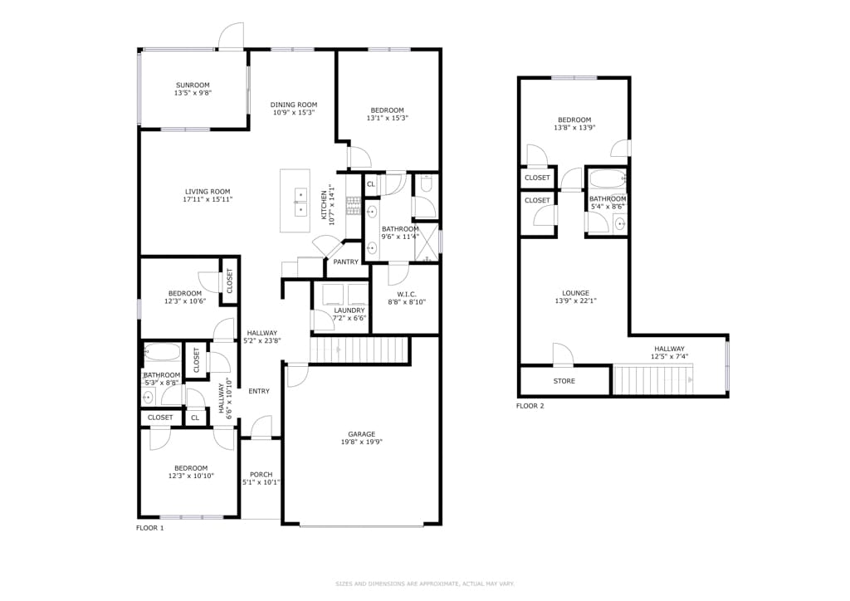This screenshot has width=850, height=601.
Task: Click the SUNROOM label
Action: click(193, 85)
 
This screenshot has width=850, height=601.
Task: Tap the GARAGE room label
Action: click(362, 434)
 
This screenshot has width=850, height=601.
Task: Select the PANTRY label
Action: click(346, 261)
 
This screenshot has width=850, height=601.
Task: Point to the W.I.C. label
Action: click(407, 294)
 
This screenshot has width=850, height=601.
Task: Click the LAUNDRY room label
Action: click(349, 310)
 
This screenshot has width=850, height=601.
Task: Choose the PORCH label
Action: click(261, 474)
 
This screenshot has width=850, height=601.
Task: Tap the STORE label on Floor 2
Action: click(564, 381)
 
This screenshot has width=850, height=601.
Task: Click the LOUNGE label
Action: click(576, 293)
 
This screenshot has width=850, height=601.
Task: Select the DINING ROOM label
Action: click(294, 105)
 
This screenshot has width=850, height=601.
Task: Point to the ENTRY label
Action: click(259, 391)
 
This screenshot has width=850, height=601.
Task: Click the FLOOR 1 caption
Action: click(149, 528)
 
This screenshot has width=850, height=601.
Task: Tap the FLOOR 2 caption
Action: click(530, 406)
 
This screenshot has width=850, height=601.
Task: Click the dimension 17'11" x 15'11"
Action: click(208, 199)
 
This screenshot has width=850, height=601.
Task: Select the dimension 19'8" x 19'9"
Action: click(362, 442)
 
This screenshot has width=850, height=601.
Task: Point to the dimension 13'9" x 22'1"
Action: click(576, 300)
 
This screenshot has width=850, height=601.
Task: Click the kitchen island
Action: click(295, 201)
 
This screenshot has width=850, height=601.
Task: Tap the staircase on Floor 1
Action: click(359, 349)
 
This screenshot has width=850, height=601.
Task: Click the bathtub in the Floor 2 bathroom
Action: click(607, 178)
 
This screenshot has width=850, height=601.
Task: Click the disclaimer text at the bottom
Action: click(425, 584)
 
